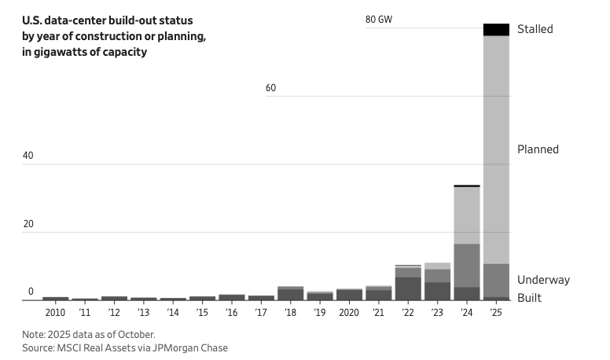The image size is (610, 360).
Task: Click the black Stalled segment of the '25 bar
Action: pyautogui.click(x=496, y=30)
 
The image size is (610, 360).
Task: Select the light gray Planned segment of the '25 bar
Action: pyautogui.click(x=496, y=149)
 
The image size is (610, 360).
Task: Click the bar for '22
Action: pyautogui.click(x=408, y=283)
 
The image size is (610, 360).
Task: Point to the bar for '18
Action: pyautogui.click(x=290, y=293)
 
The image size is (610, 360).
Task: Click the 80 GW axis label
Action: pyautogui.click(x=379, y=20)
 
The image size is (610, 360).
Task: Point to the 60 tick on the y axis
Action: pyautogui.click(x=270, y=88)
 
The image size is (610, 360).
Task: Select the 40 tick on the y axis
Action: pyautogui.click(x=28, y=156)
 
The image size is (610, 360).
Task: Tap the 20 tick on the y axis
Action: pyautogui.click(x=28, y=224)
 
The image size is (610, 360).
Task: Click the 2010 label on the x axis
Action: pyautogui.click(x=55, y=313)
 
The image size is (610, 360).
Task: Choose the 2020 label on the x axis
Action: pyautogui.click(x=349, y=313)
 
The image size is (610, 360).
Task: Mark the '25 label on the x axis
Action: pyautogui.click(x=496, y=313)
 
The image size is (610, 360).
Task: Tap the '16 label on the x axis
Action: pyautogui.click(x=232, y=313)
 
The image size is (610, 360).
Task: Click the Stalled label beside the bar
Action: pyautogui.click(x=535, y=29)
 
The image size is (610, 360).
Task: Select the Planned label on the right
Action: pyautogui.click(x=538, y=149)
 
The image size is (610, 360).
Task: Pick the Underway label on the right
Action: pyautogui.click(x=543, y=280)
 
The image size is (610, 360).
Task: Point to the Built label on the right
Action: pyautogui.click(x=529, y=298)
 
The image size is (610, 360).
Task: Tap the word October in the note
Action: pyautogui.click(x=137, y=333)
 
